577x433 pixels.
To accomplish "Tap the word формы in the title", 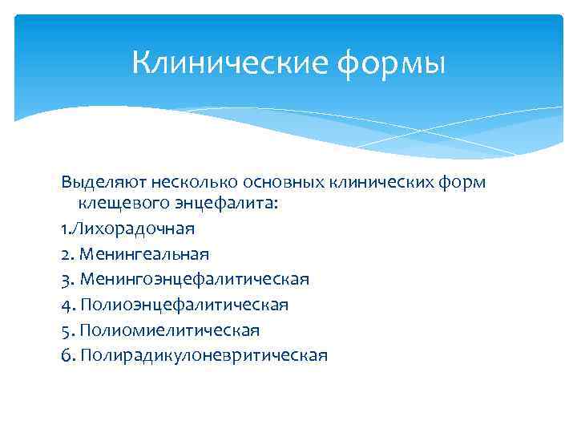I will (x=390, y=63).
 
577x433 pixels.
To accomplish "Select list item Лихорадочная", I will (x=133, y=229).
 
